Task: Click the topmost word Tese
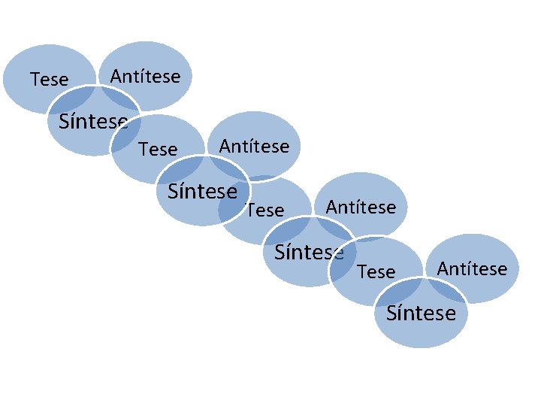point(49,79)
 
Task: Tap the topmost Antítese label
point(145,76)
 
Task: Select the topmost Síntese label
point(93,121)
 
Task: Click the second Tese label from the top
point(158,150)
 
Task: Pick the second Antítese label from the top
point(254,146)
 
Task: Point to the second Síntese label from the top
point(202,191)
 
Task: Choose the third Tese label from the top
point(265,211)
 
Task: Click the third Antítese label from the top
point(361,207)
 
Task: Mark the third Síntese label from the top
point(309,252)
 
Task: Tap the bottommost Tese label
point(376,271)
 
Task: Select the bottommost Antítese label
point(472,268)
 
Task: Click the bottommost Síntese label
point(421,313)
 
